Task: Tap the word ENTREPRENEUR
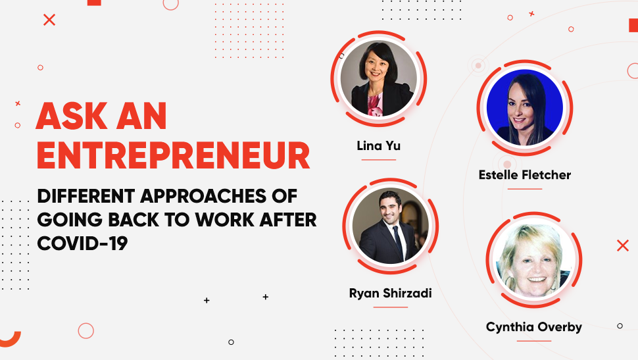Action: pyautogui.click(x=174, y=155)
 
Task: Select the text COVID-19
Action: pyautogui.click(x=82, y=244)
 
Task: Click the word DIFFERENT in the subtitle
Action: pyautogui.click(x=86, y=196)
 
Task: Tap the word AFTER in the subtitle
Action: pyautogui.click(x=288, y=220)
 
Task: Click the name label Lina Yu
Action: pyautogui.click(x=378, y=146)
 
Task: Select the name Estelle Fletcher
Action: pyautogui.click(x=524, y=175)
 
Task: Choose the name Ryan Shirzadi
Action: pyautogui.click(x=390, y=294)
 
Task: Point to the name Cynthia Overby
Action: pyautogui.click(x=534, y=327)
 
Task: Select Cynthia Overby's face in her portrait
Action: pyautogui.click(x=533, y=265)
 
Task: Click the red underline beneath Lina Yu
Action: pyautogui.click(x=378, y=160)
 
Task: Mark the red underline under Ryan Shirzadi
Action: pyautogui.click(x=390, y=307)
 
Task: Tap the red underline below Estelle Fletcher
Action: pyautogui.click(x=524, y=189)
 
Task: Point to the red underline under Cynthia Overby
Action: pyautogui.click(x=534, y=341)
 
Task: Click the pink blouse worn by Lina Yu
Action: pyautogui.click(x=376, y=104)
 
